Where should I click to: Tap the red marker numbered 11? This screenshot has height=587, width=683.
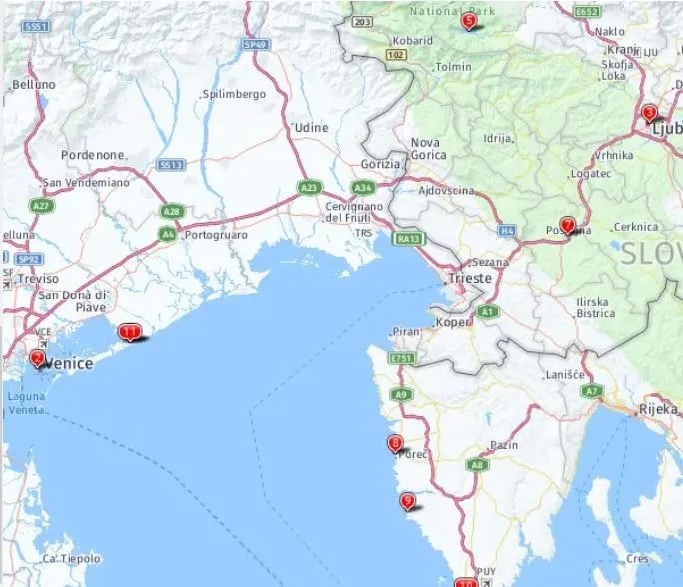pyautogui.click(x=129, y=332)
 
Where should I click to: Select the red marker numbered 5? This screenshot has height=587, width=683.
pyautogui.click(x=469, y=20)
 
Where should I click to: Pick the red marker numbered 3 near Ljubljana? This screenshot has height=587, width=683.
pyautogui.click(x=649, y=113)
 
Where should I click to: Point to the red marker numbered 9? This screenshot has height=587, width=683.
pyautogui.click(x=407, y=501)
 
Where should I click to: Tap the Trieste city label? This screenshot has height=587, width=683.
pyautogui.click(x=470, y=278)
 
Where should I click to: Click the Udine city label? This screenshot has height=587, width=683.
pyautogui.click(x=311, y=128)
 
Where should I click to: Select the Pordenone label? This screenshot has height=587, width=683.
pyautogui.click(x=93, y=155)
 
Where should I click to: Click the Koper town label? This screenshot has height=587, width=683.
pyautogui.click(x=453, y=323)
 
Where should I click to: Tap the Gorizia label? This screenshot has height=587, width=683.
pyautogui.click(x=381, y=163)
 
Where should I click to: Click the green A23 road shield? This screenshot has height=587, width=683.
pyautogui.click(x=309, y=186)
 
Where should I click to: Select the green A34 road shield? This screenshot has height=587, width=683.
pyautogui.click(x=362, y=187)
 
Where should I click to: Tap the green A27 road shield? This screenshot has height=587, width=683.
pyautogui.click(x=41, y=205)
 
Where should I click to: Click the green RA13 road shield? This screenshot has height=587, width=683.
pyautogui.click(x=408, y=239)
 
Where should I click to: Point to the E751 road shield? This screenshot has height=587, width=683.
pyautogui.click(x=402, y=357)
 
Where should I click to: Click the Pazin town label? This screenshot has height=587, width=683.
pyautogui.click(x=504, y=445)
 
